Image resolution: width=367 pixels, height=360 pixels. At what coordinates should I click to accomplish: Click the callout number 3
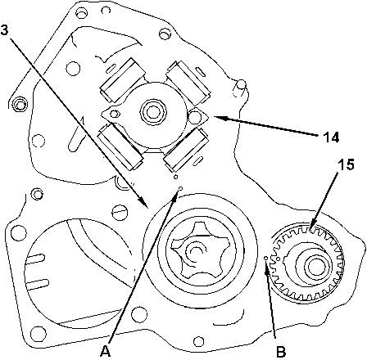4,30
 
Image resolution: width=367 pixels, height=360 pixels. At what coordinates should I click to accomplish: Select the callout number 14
331,137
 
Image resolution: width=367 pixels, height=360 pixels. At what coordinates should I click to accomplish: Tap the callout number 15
346,164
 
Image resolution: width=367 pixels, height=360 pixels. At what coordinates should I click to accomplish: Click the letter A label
106,351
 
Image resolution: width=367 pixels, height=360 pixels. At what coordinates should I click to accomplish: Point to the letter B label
281,352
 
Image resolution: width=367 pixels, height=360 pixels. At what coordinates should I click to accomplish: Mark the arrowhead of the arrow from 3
144,204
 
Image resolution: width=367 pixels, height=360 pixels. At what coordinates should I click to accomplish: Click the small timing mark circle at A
180,188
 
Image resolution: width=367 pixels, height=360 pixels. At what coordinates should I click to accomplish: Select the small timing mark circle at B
265,258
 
